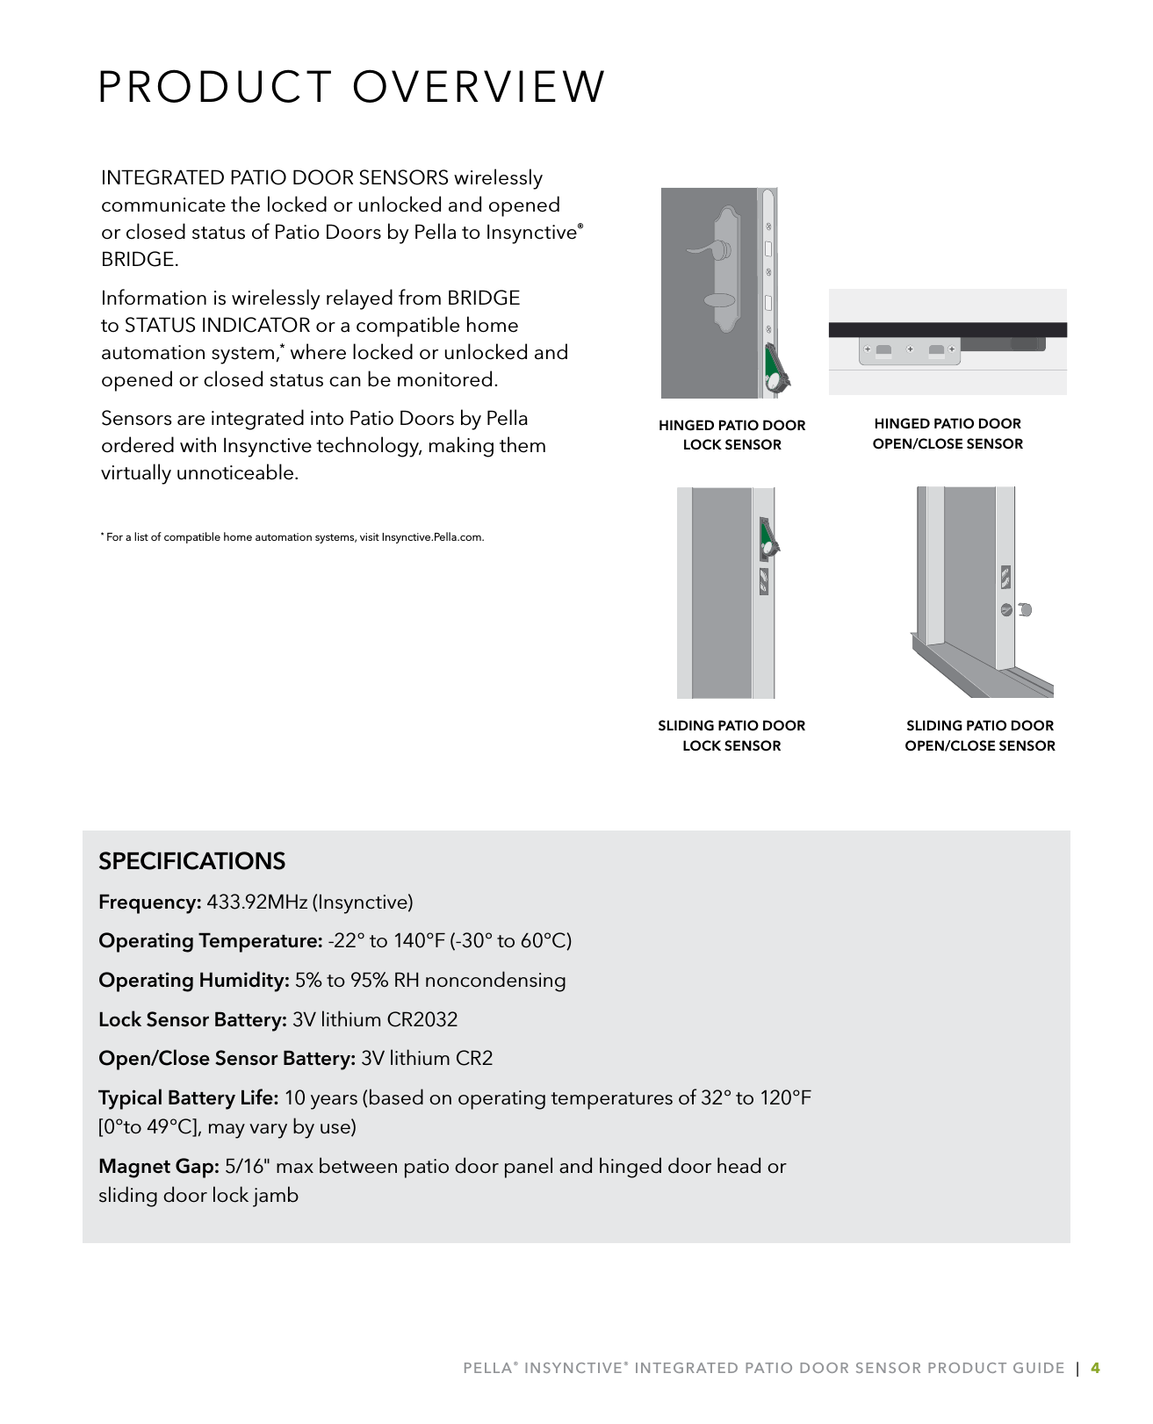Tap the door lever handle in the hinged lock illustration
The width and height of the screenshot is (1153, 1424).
(708, 251)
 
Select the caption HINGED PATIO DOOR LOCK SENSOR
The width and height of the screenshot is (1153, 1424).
(731, 435)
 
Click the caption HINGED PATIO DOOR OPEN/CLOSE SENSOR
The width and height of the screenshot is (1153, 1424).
(948, 434)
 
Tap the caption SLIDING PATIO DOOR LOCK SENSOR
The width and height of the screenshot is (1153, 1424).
(731, 736)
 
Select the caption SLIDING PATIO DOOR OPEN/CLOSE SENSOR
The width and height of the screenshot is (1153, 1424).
(979, 736)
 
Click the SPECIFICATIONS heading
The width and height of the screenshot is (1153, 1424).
(191, 861)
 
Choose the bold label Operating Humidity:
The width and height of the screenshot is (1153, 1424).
(193, 981)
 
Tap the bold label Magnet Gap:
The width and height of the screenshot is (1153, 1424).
(158, 1167)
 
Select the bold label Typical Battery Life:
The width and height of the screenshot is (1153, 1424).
(188, 1098)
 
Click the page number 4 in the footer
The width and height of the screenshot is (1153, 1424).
(1094, 1368)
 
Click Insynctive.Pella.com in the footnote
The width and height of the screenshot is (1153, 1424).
(432, 537)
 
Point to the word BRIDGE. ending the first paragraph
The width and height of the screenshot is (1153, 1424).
(140, 260)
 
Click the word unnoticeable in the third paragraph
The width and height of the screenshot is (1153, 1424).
(237, 473)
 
